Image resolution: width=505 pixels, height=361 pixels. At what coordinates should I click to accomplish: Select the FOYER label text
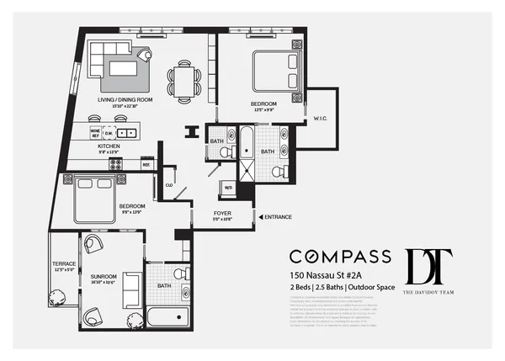pyautogui.click(x=221, y=214)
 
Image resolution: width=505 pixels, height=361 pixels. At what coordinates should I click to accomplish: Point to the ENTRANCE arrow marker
pyautogui.click(x=260, y=217)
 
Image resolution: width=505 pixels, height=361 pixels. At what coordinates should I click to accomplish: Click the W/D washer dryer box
pyautogui.click(x=227, y=188)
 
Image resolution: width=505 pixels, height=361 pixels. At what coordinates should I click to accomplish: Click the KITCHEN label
pyautogui.click(x=108, y=146)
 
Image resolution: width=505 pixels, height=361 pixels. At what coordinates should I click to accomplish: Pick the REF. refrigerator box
pyautogui.click(x=146, y=165)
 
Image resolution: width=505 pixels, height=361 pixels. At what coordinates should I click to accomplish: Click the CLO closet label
pyautogui.click(x=169, y=183)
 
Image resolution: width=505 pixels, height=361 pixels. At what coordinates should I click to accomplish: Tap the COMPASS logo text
pyautogui.click(x=339, y=256)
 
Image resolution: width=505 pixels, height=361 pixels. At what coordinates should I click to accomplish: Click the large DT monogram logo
pyautogui.click(x=428, y=268)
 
